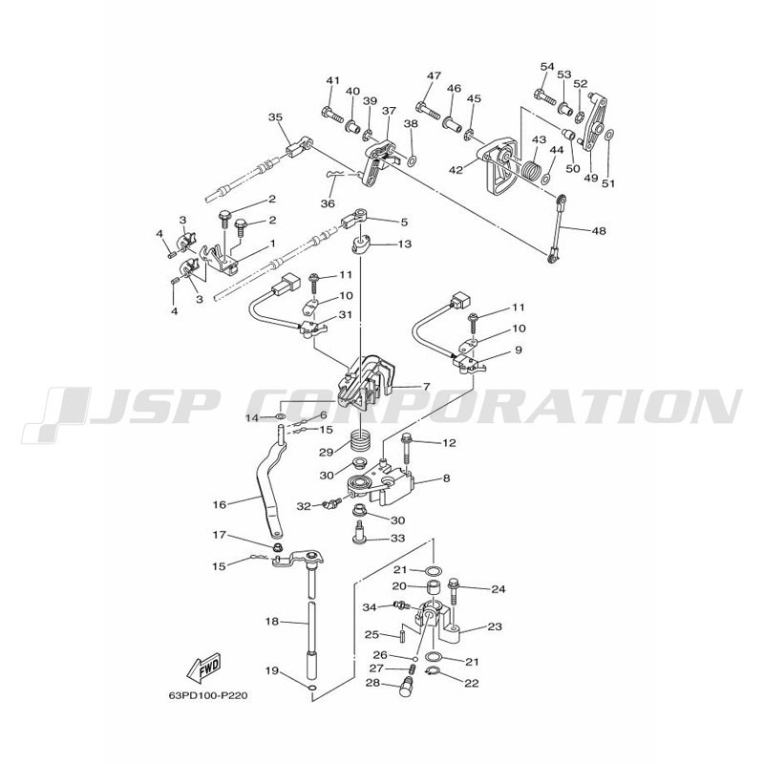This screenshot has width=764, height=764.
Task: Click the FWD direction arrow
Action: pos(203,666)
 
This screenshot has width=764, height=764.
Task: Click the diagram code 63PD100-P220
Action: pos(208,695)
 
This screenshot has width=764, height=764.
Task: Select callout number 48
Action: pos(599,230)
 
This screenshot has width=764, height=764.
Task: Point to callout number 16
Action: pos(220,505)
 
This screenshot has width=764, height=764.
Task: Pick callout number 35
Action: pos(275,117)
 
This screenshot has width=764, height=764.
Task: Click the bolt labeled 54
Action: pos(545,96)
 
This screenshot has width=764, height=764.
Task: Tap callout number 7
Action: pos(426,387)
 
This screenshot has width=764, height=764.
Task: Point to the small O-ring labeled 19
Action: pos(312,688)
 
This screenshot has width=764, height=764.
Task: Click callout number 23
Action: pos(495,626)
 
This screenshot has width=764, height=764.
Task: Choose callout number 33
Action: pos(398,539)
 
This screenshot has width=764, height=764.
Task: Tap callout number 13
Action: pos(405,244)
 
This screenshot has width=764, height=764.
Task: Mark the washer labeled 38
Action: pos(412,159)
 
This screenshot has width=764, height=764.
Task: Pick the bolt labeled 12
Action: pos(406,449)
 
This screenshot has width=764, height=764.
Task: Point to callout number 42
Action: pos(456,170)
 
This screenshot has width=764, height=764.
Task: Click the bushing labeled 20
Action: pos(434,587)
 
